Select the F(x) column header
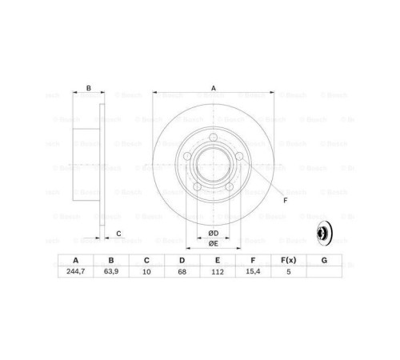click(x=287, y=260)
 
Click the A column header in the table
click(x=76, y=260)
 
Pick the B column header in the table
click(x=111, y=260)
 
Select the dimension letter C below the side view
click(x=118, y=233)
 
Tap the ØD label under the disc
click(x=214, y=233)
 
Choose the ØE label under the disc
click(x=214, y=243)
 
